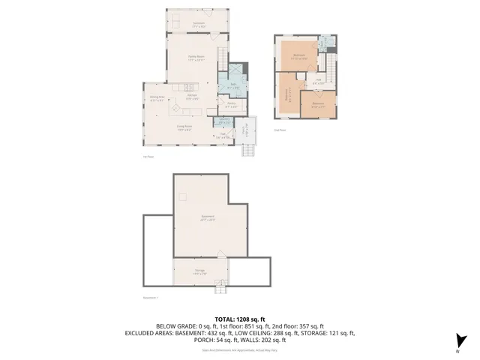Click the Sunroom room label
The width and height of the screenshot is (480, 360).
point(198,25)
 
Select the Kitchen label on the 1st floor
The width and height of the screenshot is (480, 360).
point(191,97)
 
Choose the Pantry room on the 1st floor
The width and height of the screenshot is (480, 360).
point(232,105)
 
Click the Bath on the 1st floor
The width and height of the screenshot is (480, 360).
point(232,85)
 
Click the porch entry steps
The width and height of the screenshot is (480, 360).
point(247,149)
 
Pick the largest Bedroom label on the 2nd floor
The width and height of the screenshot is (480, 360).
point(298,55)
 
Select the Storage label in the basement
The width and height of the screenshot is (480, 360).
point(200,271)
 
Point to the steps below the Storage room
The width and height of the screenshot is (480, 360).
point(220,287)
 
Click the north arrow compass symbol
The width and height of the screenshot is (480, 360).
point(462,341)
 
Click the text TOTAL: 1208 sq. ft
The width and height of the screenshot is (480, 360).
point(239,319)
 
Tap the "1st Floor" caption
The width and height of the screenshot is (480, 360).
point(148,157)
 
